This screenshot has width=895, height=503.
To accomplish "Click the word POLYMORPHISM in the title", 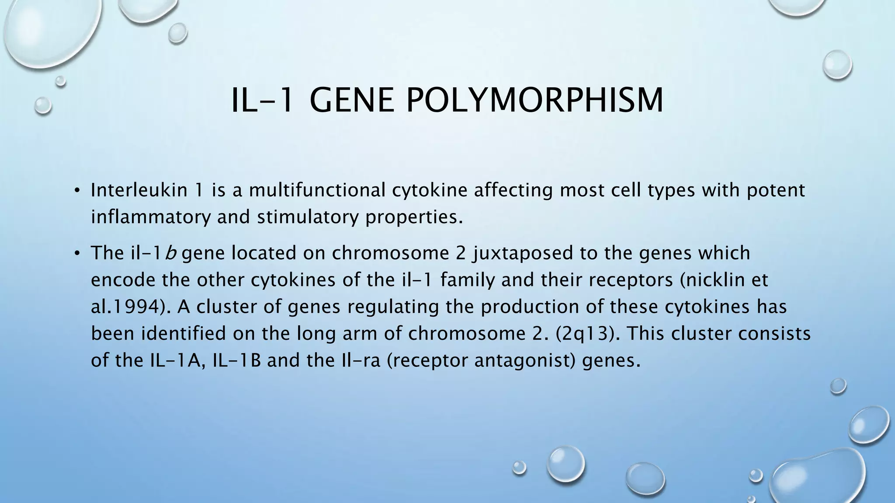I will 534,100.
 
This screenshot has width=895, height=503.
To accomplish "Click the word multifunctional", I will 317,190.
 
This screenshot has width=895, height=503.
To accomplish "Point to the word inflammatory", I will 150,217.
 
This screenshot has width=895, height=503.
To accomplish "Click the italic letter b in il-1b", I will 171,253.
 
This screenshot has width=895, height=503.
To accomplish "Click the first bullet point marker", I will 76,191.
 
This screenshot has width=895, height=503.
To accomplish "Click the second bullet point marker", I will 76,253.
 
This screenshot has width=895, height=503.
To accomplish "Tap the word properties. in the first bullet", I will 414,217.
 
